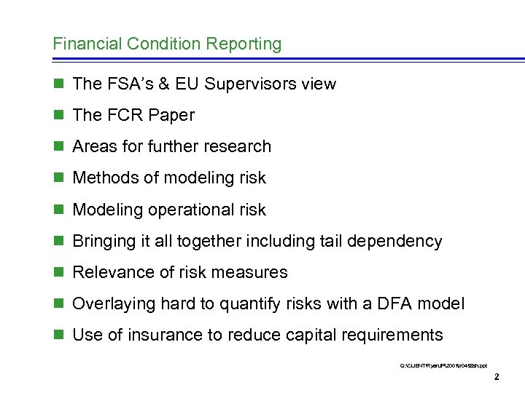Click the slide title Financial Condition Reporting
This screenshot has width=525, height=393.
click(x=167, y=44)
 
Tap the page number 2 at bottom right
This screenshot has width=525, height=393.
click(x=496, y=377)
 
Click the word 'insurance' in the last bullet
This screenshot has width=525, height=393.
click(x=155, y=335)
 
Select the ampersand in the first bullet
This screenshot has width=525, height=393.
click(x=192, y=84)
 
